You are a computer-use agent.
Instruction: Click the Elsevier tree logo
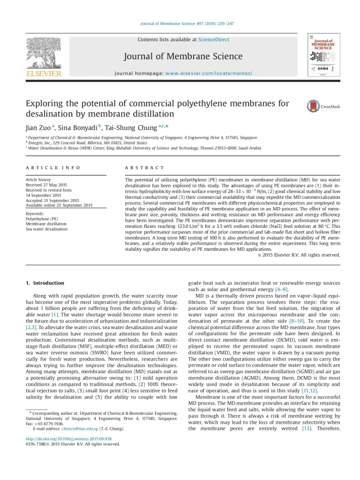(x=44, y=53)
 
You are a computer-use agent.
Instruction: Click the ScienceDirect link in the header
(x=214, y=40)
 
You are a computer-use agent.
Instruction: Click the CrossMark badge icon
(x=313, y=106)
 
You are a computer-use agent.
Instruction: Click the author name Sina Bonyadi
(x=76, y=127)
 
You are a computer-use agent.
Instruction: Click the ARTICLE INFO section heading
(x=53, y=167)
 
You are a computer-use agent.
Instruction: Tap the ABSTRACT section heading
(x=144, y=167)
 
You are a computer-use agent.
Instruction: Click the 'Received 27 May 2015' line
(x=46, y=185)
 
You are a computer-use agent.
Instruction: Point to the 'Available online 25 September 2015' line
(x=59, y=205)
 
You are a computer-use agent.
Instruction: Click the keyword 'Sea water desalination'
(x=46, y=229)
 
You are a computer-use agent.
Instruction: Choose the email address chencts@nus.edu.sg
(x=80, y=428)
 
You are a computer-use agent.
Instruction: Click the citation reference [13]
(x=307, y=428)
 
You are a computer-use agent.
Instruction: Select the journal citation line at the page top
(x=180, y=23)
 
